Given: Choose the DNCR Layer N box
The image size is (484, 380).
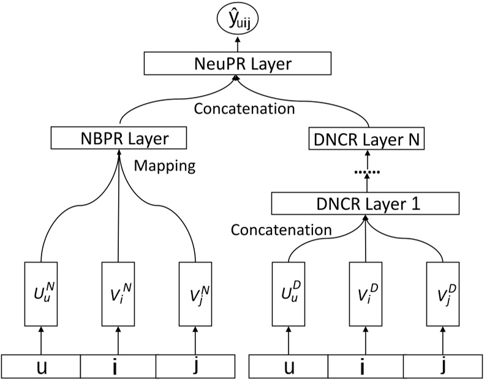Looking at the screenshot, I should pyautogui.click(x=366, y=140).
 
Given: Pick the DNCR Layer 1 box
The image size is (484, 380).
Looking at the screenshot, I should pyautogui.click(x=366, y=202).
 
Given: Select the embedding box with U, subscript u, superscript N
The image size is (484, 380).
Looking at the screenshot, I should pyautogui.click(x=41, y=294).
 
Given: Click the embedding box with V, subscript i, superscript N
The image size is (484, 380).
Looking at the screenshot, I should pyautogui.click(x=117, y=294).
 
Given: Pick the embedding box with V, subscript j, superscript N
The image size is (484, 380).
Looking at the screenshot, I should pyautogui.click(x=195, y=294).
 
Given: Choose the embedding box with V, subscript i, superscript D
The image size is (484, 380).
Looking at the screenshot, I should pyautogui.click(x=366, y=294).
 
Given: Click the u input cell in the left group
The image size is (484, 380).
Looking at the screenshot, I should pyautogui.click(x=41, y=367).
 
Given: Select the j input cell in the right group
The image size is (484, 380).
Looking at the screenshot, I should pyautogui.click(x=442, y=367).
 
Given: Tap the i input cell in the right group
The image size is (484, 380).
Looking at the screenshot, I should pyautogui.click(x=366, y=367).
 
